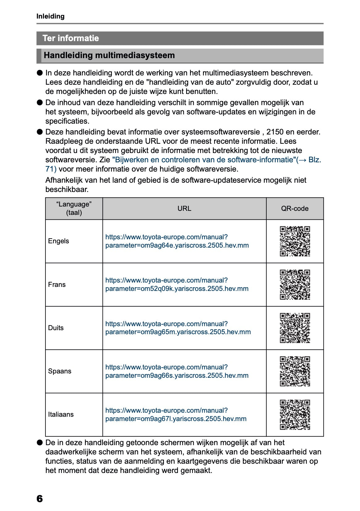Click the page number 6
tap(40, 498)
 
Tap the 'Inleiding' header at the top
tap(50, 16)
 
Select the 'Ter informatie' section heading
tap(71, 38)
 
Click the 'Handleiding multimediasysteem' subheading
tap(109, 56)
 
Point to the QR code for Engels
tap(295, 241)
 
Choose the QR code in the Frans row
tap(295, 285)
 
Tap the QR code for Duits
tap(295, 328)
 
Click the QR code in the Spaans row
tap(295, 371)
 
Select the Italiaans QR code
tap(295, 415)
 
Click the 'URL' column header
tap(184, 209)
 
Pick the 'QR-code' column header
tap(295, 209)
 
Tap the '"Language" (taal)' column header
tap(74, 209)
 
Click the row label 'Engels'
tap(59, 241)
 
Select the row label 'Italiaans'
tap(61, 415)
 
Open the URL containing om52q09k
tap(177, 285)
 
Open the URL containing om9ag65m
tap(178, 328)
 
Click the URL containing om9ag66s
tap(177, 371)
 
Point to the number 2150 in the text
tap(275, 132)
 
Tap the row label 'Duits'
tap(56, 328)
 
